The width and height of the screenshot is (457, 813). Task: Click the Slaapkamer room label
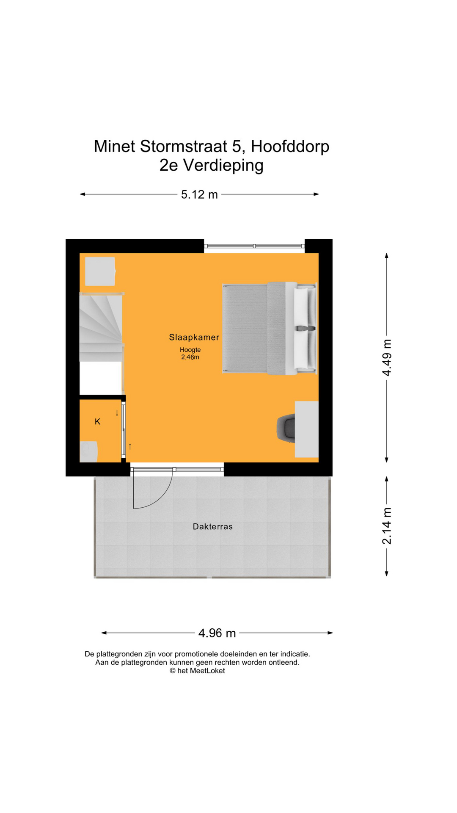[194, 337]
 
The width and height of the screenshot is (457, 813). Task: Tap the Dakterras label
[213, 527]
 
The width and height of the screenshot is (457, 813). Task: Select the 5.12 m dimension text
[199, 194]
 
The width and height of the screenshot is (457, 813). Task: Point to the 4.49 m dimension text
[387, 357]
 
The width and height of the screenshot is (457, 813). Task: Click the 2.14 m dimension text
[387, 526]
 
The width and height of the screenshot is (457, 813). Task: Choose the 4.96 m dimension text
[217, 633]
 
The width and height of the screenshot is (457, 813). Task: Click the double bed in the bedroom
[270, 328]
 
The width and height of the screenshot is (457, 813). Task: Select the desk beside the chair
[307, 429]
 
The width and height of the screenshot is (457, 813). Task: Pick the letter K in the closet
[98, 422]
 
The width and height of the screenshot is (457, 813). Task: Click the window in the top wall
[254, 246]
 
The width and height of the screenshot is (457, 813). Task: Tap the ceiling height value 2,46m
[190, 357]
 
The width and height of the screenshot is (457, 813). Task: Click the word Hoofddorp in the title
[290, 147]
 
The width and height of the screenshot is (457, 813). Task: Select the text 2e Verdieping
[212, 165]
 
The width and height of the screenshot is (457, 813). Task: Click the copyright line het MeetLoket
[197, 671]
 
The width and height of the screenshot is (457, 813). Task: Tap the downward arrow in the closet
[117, 413]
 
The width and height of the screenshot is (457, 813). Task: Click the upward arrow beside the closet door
[130, 446]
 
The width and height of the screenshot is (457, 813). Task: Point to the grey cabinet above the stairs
[100, 271]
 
